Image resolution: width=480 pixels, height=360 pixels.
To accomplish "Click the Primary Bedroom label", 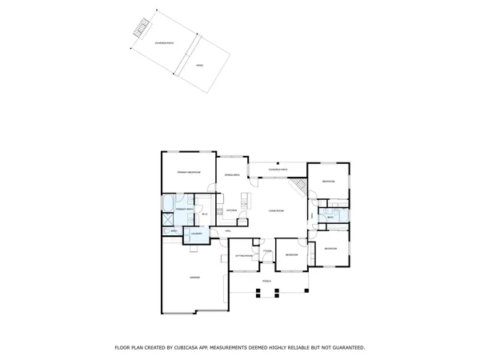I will (188, 173).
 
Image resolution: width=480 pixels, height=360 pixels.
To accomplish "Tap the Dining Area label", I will (233, 174).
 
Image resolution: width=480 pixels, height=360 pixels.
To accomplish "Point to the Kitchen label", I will (230, 210).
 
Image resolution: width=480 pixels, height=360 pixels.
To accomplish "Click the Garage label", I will (194, 277).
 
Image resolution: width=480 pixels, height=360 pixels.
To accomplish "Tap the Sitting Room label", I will (243, 255).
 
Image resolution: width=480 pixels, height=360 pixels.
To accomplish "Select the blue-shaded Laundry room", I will (197, 234).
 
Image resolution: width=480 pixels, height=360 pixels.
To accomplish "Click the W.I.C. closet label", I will (205, 214).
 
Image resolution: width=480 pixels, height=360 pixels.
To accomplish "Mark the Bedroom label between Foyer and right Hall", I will (292, 255).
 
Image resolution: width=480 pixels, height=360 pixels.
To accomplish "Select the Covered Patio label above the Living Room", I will (277, 170).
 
